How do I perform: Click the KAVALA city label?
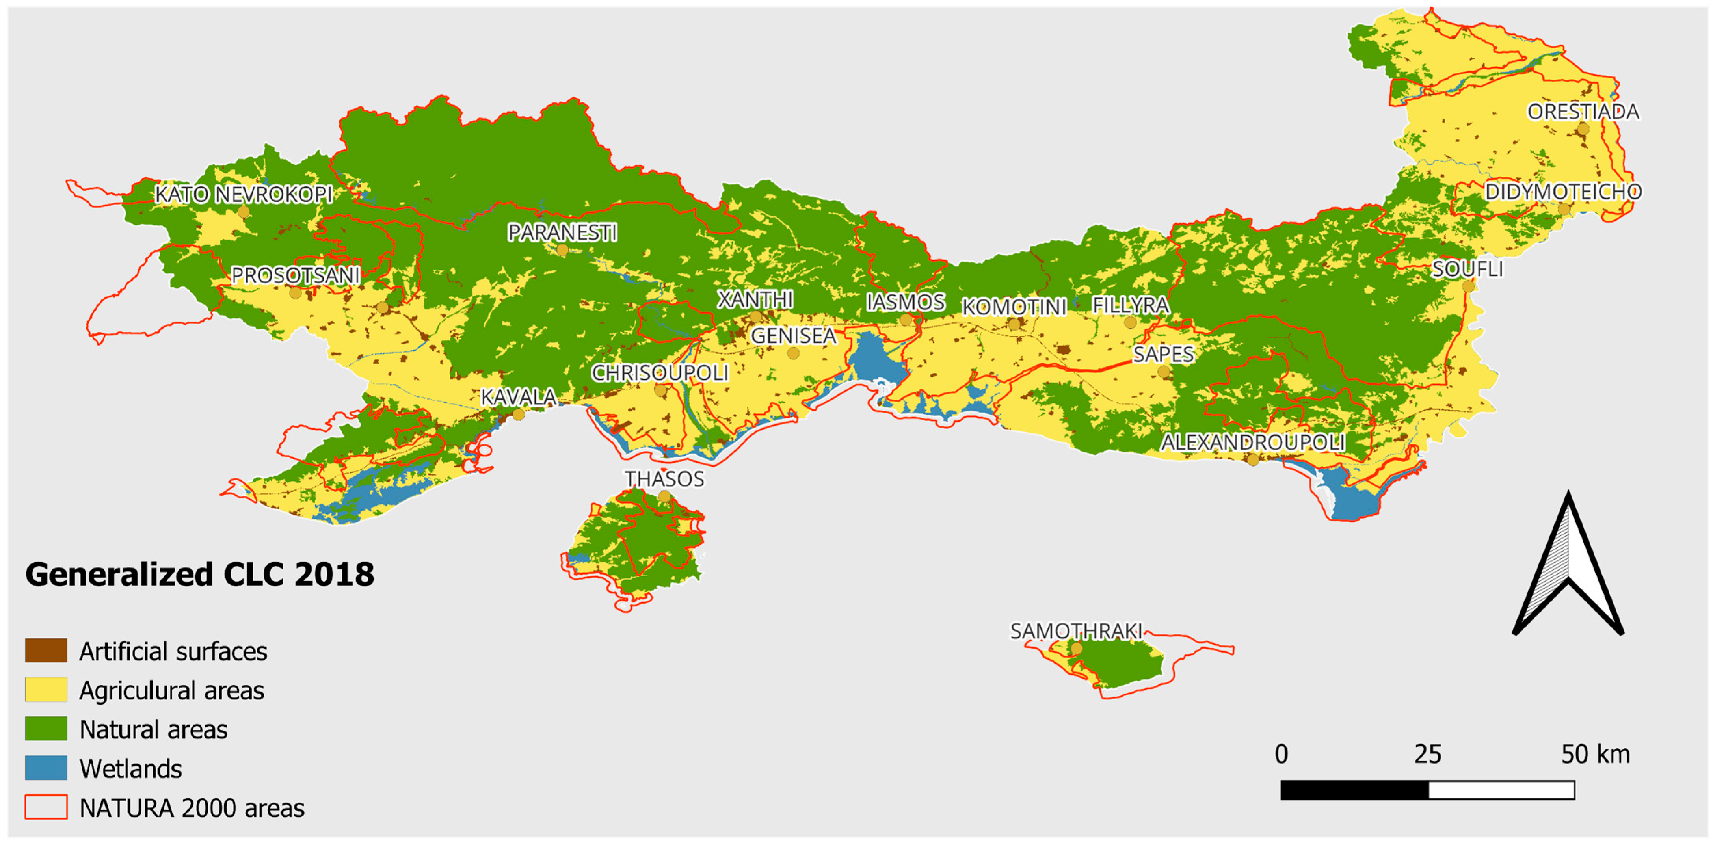point(519,397)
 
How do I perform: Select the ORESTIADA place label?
point(1583,112)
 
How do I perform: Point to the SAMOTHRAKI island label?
point(1076,630)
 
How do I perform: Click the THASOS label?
point(664,479)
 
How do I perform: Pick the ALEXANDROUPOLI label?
point(1253,442)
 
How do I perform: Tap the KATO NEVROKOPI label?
point(244,194)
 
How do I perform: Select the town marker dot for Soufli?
point(1467,286)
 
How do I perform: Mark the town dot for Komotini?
point(1014,324)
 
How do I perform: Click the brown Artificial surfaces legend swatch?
point(46,651)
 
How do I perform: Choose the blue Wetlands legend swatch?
point(46,768)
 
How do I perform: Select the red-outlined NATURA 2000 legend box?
point(46,807)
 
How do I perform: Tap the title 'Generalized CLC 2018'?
point(199,575)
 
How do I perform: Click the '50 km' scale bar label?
point(1595,754)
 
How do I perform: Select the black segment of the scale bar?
point(1354,790)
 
